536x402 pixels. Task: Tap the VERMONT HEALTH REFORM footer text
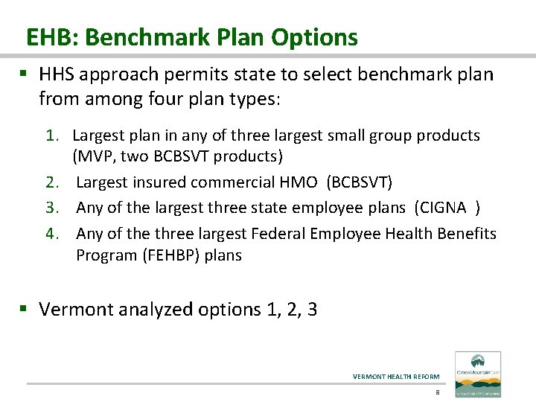pos(396,376)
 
